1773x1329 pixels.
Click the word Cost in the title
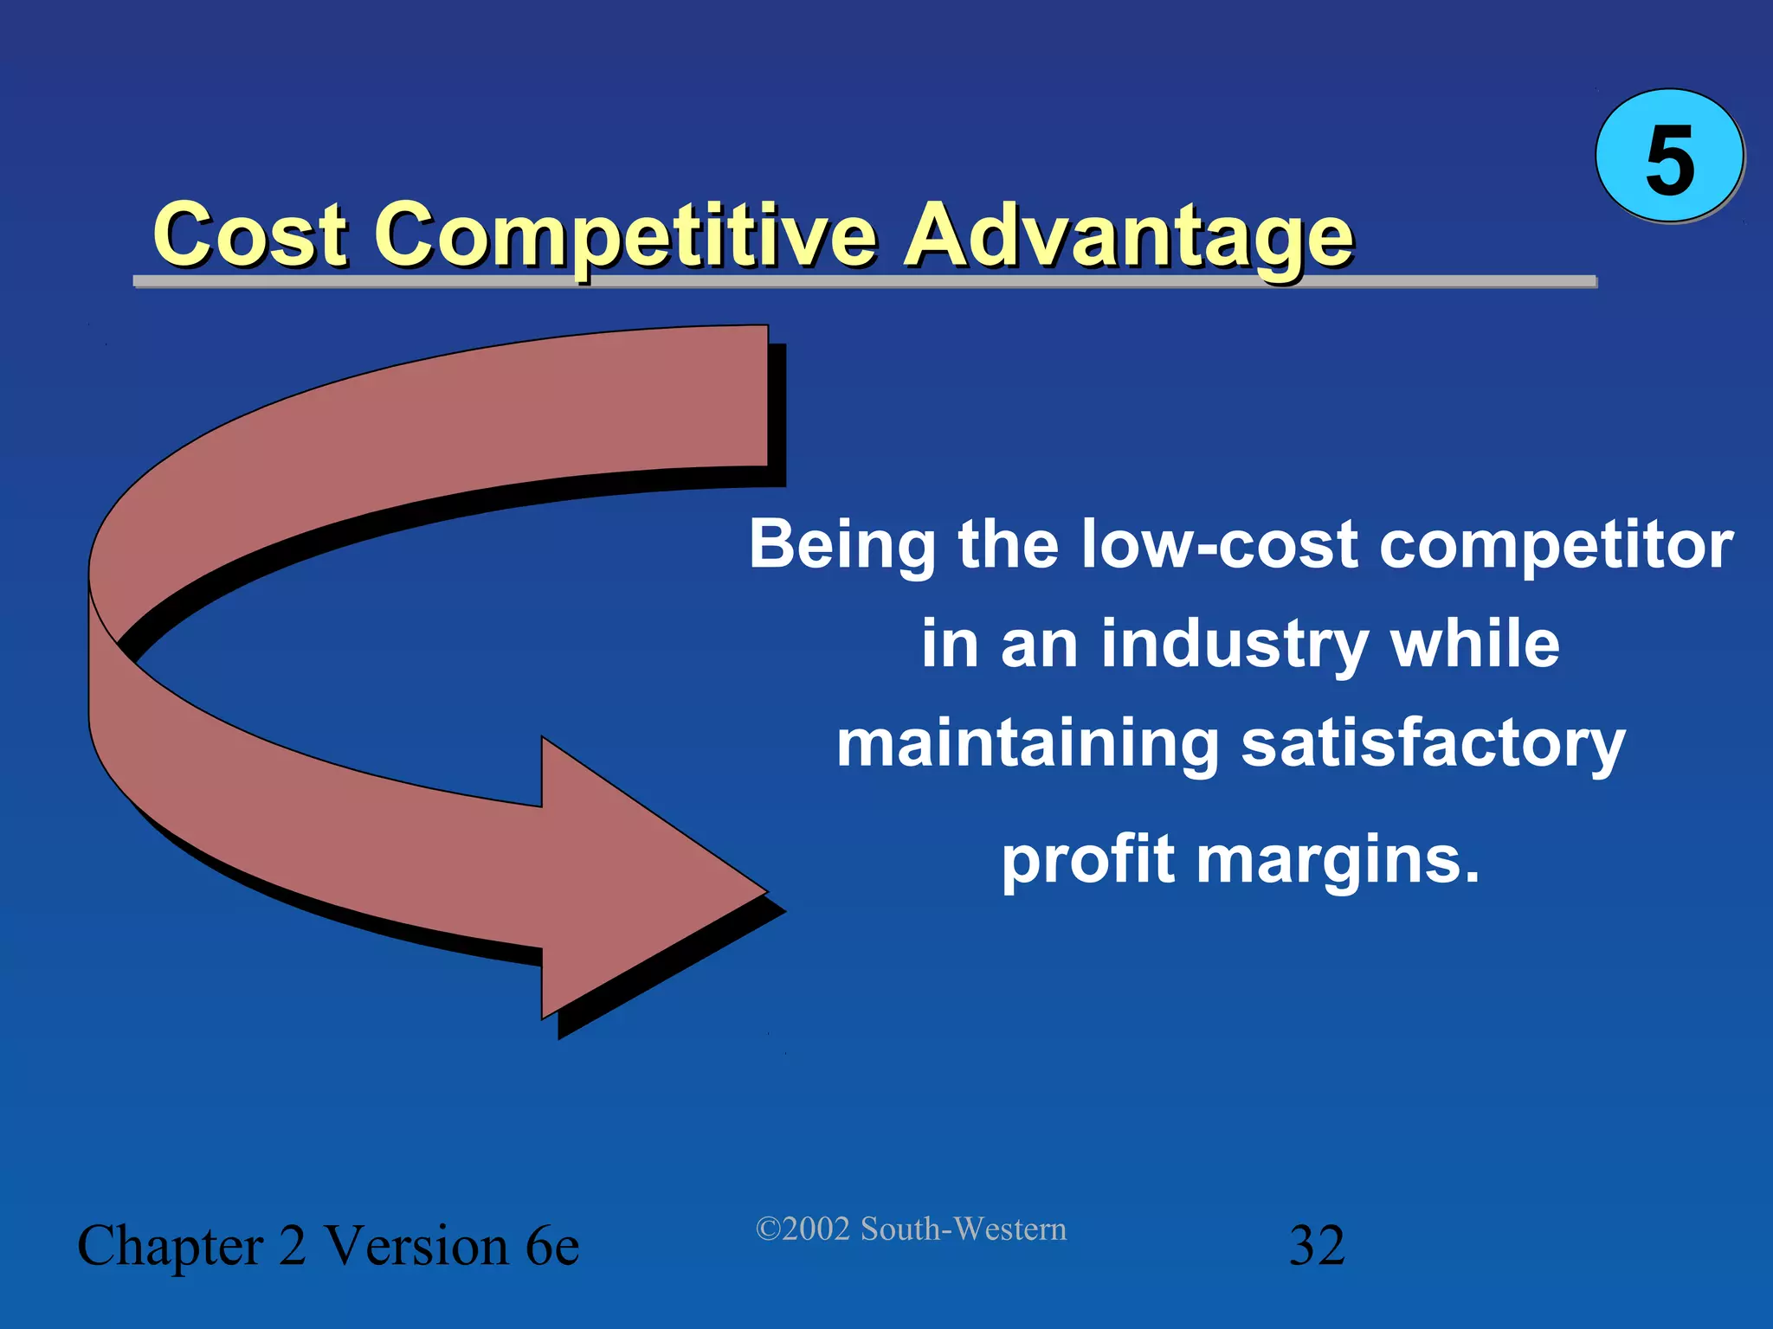(250, 235)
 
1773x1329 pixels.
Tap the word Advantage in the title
(1128, 235)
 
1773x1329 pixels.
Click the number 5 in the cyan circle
(1668, 159)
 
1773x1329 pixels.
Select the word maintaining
(1028, 745)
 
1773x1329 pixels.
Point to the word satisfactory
(1433, 745)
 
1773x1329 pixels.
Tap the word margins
(1337, 862)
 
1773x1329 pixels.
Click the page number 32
(1317, 1246)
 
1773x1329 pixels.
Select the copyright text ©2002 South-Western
(911, 1229)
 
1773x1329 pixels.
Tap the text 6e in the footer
(551, 1246)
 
